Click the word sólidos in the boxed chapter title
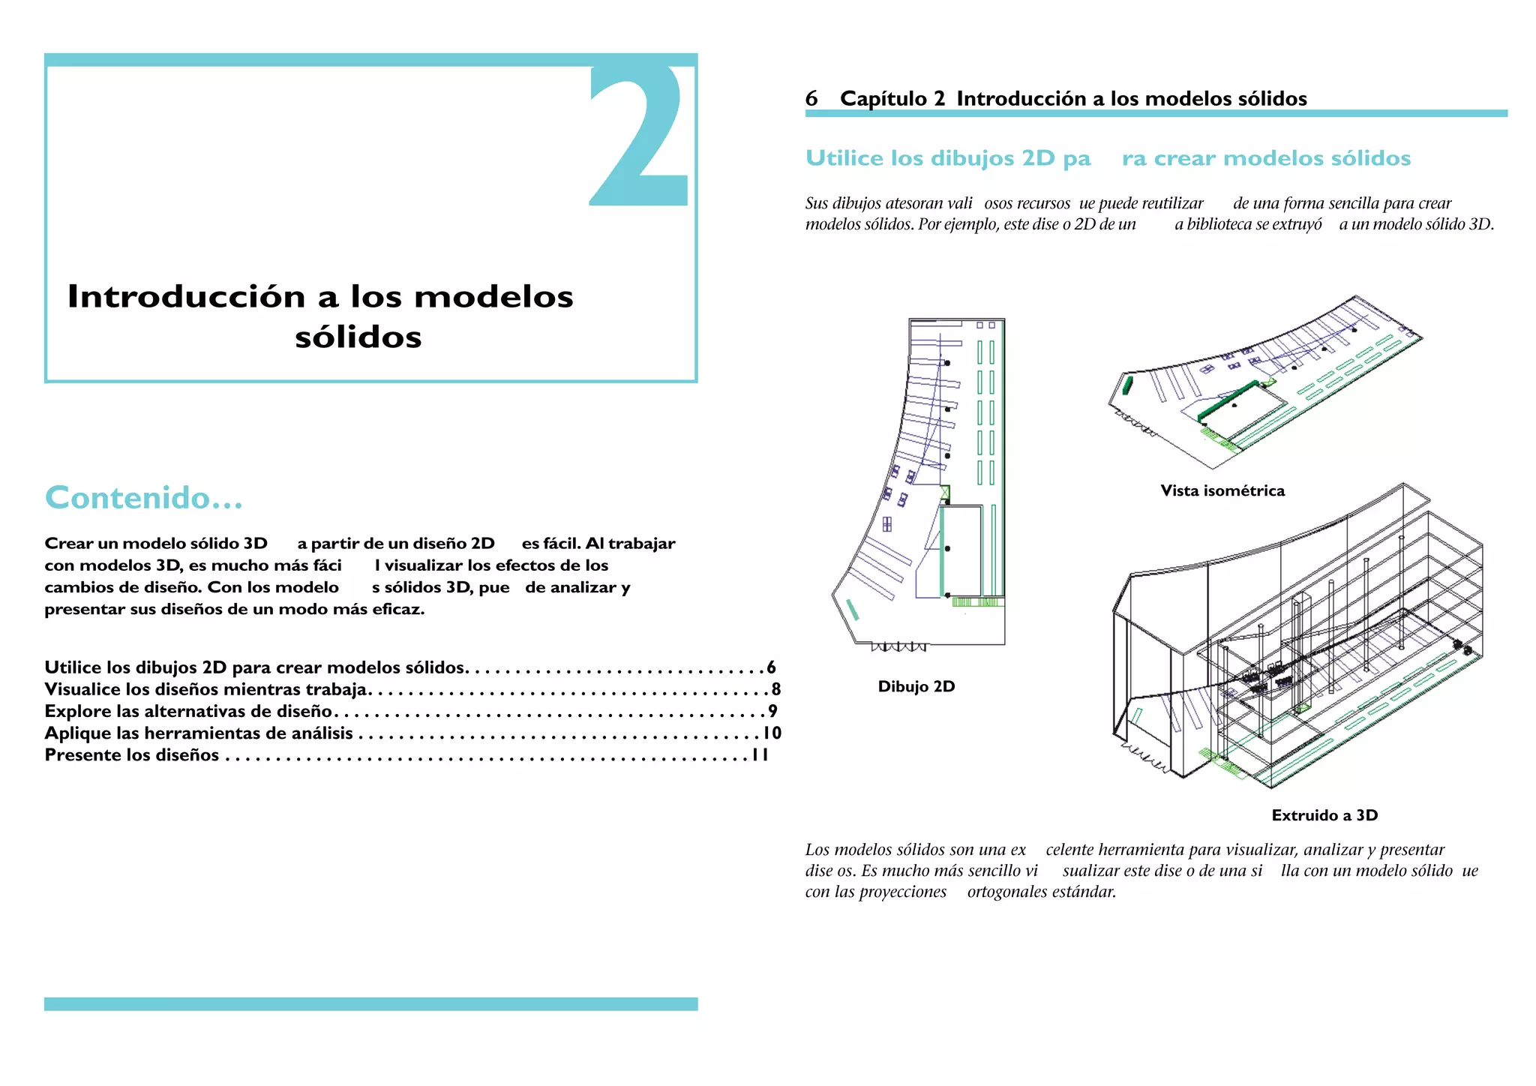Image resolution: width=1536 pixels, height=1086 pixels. point(358,337)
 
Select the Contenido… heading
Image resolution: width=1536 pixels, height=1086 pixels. point(144,498)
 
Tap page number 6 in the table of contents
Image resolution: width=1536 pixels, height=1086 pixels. point(771,667)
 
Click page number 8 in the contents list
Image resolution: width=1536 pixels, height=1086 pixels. point(775,689)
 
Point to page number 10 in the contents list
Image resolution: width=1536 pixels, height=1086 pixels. point(772,733)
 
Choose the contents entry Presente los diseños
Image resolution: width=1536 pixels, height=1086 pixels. point(132,755)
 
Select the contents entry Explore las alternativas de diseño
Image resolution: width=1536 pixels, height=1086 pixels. point(188,711)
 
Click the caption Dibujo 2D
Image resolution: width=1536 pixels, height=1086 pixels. point(916,686)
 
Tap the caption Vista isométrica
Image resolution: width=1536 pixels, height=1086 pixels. point(1222,490)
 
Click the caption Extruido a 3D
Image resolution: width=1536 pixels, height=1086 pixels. point(1324,815)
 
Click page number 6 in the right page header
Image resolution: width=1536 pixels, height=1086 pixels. point(811,98)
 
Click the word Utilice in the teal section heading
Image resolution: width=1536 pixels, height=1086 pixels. point(844,158)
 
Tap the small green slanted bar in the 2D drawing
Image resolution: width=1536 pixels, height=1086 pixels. point(852,610)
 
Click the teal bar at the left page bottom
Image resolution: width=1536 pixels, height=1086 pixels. point(370,1003)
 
